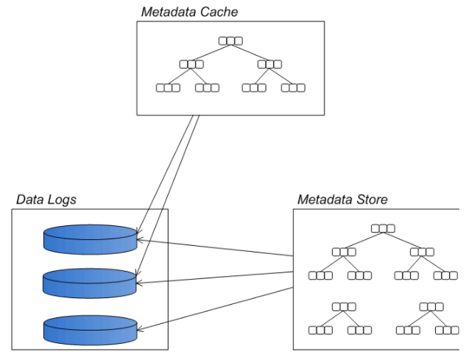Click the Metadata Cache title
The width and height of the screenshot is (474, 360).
click(x=189, y=12)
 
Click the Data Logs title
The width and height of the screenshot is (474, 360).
click(x=46, y=200)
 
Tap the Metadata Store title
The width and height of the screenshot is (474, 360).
click(x=342, y=200)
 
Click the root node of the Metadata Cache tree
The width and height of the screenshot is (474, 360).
click(x=230, y=40)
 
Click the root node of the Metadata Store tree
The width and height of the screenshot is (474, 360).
click(x=383, y=228)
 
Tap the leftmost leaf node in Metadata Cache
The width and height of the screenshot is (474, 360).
click(x=168, y=88)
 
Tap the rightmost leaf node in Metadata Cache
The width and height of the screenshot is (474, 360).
click(x=293, y=88)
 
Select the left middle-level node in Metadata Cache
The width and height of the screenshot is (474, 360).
click(x=191, y=64)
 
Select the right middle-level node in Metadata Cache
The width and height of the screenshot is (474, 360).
click(x=269, y=64)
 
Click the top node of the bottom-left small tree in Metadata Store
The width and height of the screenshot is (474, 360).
click(x=344, y=306)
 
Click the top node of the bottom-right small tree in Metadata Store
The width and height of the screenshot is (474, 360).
click(x=431, y=306)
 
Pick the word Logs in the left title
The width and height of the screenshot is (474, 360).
click(x=62, y=200)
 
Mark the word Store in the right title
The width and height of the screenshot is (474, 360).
click(x=372, y=200)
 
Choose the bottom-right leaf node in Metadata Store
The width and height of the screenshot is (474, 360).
click(x=446, y=330)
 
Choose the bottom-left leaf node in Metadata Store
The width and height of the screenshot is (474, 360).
click(x=320, y=330)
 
